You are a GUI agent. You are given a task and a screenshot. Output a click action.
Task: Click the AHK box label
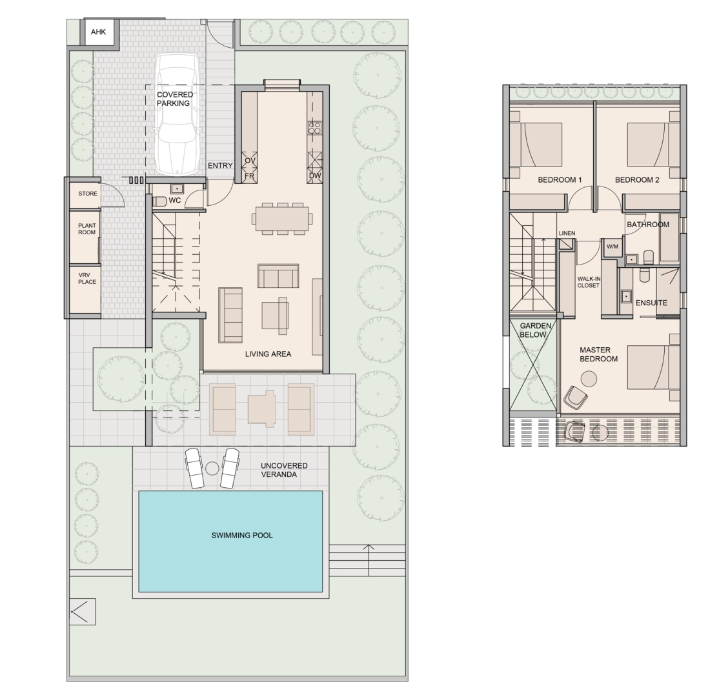pyautogui.click(x=98, y=32)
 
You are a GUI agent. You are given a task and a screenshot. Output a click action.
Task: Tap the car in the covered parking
pyautogui.click(x=177, y=114)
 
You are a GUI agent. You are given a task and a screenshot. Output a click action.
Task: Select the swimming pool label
pyautogui.click(x=241, y=535)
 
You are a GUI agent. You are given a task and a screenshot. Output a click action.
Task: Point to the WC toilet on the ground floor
pyautogui.click(x=159, y=201)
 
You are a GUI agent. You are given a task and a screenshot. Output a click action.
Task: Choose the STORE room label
pyautogui.click(x=88, y=194)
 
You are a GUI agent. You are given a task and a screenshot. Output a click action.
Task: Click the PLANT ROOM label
pyautogui.click(x=86, y=229)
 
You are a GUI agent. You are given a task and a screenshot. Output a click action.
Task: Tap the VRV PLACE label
pyautogui.click(x=87, y=278)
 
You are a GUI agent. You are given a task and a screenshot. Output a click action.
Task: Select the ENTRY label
pyautogui.click(x=220, y=165)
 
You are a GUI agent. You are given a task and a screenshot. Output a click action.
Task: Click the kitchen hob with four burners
pyautogui.click(x=314, y=128)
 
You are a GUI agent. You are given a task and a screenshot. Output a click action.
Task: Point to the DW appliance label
pyautogui.click(x=315, y=176)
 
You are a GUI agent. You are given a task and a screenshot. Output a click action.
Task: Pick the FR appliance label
pyautogui.click(x=249, y=176)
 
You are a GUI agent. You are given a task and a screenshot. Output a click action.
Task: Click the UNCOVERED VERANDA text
pyautogui.click(x=284, y=470)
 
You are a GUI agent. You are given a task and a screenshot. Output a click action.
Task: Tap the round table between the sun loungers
pyautogui.click(x=212, y=468)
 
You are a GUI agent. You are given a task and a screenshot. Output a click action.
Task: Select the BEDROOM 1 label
pyautogui.click(x=560, y=180)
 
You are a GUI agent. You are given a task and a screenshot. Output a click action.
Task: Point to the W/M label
pyautogui.click(x=613, y=247)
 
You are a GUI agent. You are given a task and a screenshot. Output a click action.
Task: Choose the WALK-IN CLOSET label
pyautogui.click(x=589, y=282)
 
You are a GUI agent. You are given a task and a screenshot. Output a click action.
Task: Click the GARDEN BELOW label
pyautogui.click(x=535, y=330)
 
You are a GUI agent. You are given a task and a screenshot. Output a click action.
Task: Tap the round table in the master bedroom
pyautogui.click(x=589, y=379)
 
